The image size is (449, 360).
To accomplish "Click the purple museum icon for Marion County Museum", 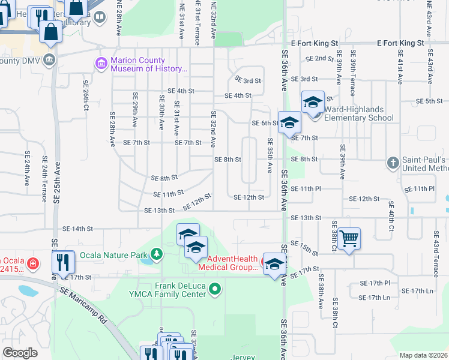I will [x=101, y=63].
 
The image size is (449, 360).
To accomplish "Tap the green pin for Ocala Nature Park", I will [x=157, y=254].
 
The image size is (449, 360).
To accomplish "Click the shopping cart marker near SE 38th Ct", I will [x=349, y=238].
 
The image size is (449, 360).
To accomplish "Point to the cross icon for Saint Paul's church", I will [x=393, y=163].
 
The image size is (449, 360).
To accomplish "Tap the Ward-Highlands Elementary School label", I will [x=359, y=114].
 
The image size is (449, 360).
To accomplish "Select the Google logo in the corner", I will [x=20, y=353].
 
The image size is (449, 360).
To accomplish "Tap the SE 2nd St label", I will [x=319, y=59].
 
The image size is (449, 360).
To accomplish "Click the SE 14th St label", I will [x=78, y=229].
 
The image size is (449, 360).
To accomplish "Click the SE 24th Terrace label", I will [x=44, y=175].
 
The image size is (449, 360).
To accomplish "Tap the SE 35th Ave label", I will [x=270, y=155].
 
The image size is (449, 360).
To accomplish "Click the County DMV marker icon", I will [x=49, y=60].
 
